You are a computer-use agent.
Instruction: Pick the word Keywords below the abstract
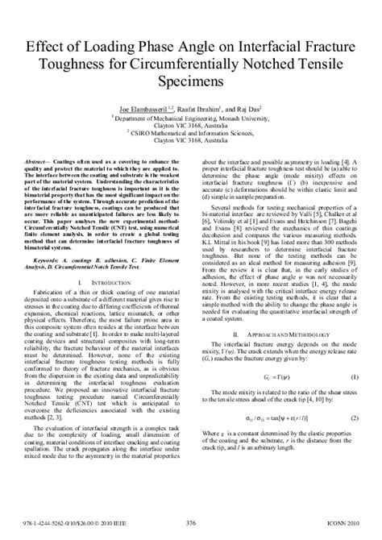click(52, 260)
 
